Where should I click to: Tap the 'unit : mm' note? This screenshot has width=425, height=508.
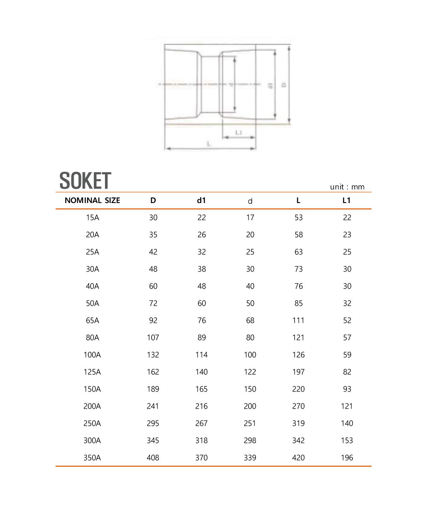pyautogui.click(x=347, y=187)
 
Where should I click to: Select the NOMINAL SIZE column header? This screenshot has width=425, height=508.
pyautogui.click(x=92, y=200)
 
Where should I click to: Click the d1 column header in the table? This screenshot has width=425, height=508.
pyautogui.click(x=201, y=200)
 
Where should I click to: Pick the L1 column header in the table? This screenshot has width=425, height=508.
pyautogui.click(x=347, y=200)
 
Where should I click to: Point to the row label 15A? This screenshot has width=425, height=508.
pyautogui.click(x=93, y=218)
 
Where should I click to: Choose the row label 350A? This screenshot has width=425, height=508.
pyautogui.click(x=93, y=457)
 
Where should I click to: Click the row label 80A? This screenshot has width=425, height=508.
pyautogui.click(x=93, y=338)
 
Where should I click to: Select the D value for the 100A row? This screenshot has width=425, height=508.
pyautogui.click(x=153, y=355)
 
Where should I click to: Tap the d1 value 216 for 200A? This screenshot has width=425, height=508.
pyautogui.click(x=201, y=406)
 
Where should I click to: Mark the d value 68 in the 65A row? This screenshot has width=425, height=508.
pyautogui.click(x=250, y=320)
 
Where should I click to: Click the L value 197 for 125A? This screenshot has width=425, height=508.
pyautogui.click(x=298, y=372)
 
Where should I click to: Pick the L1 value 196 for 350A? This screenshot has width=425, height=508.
pyautogui.click(x=347, y=457)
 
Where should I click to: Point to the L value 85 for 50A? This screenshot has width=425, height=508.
pyautogui.click(x=299, y=303)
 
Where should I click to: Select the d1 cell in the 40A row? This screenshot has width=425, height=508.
pyautogui.click(x=202, y=286)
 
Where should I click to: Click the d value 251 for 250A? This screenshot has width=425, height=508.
pyautogui.click(x=250, y=423)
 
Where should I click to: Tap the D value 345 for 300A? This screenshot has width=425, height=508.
pyautogui.click(x=153, y=440)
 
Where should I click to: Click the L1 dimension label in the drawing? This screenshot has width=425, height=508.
pyautogui.click(x=239, y=133)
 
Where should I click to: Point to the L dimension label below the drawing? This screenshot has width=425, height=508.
pyautogui.click(x=209, y=144)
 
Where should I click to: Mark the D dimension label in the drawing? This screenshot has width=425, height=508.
pyautogui.click(x=284, y=85)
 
